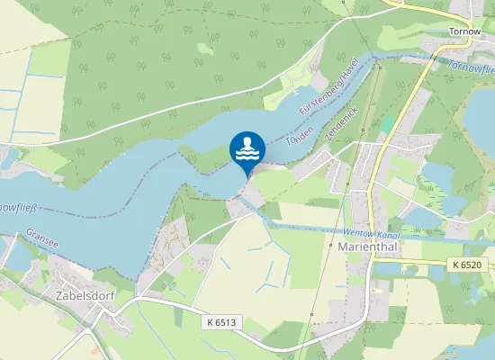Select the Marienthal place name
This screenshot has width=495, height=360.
coord(365,246)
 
